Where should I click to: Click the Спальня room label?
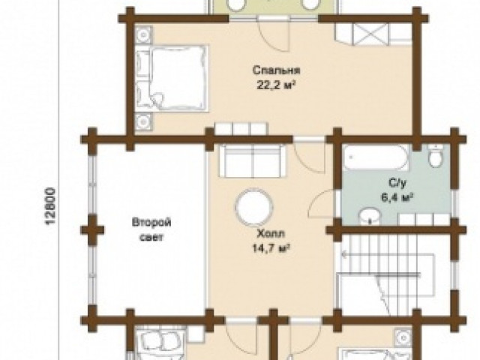tap(276, 70)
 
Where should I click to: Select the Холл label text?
tap(271, 234)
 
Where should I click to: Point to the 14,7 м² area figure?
tap(271, 248)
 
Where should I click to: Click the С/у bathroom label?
tap(397, 183)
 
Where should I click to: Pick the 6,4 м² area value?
tap(397, 197)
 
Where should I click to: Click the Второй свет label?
tap(151, 229)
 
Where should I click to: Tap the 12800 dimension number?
tap(51, 207)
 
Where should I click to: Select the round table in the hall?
tap(254, 206)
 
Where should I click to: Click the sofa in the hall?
tap(253, 160)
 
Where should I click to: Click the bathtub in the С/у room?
tap(375, 157)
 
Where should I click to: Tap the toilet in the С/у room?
tap(436, 156)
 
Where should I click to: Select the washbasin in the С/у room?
tap(370, 216)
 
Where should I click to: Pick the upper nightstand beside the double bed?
tap(143, 35)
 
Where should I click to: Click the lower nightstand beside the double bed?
tap(143, 122)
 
